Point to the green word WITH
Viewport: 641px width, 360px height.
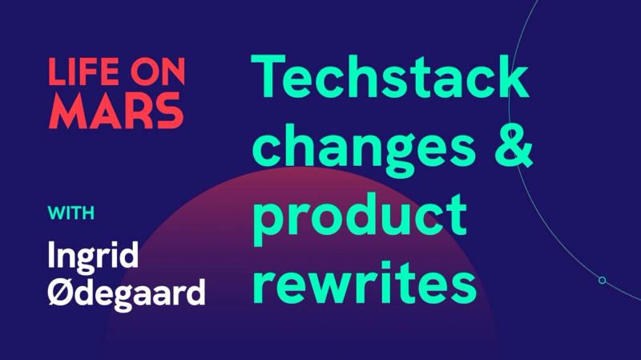click(x=71, y=213)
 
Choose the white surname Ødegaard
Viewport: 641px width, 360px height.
click(x=127, y=293)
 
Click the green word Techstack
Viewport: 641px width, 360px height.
click(x=390, y=78)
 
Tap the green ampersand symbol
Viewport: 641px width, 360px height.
click(x=510, y=147)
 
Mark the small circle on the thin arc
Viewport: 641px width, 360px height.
click(x=602, y=280)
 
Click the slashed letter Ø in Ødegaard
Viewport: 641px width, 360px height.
click(x=61, y=291)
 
